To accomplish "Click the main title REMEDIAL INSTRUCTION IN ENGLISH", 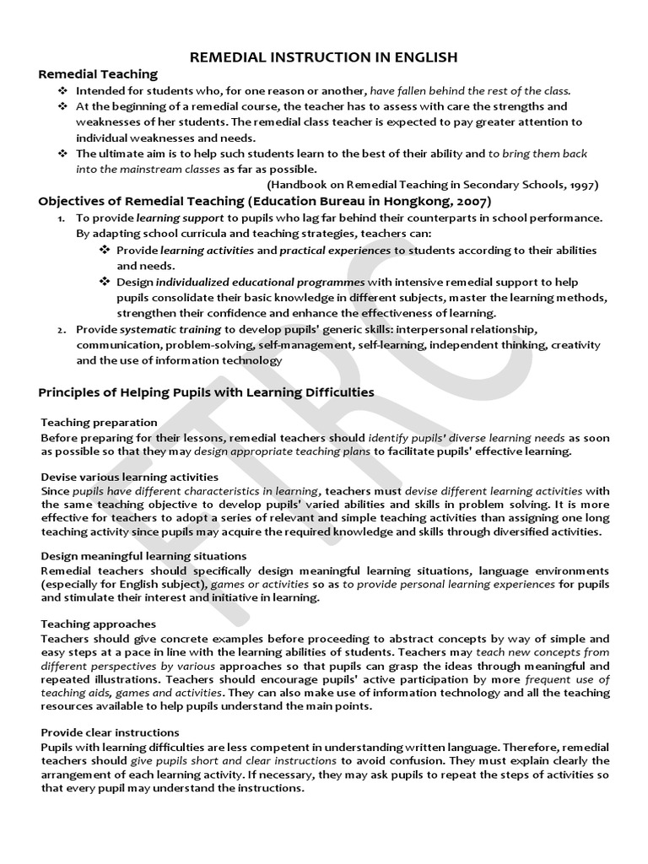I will point(324,57).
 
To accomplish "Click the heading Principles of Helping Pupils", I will point(207,392).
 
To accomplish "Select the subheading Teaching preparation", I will point(99,422).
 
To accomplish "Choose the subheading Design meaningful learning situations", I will point(143,556).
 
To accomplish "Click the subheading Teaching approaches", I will point(98,624).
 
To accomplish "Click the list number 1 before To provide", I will point(61,218).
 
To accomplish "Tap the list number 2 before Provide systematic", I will point(61,329).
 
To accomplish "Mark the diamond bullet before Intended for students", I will point(62,90).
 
